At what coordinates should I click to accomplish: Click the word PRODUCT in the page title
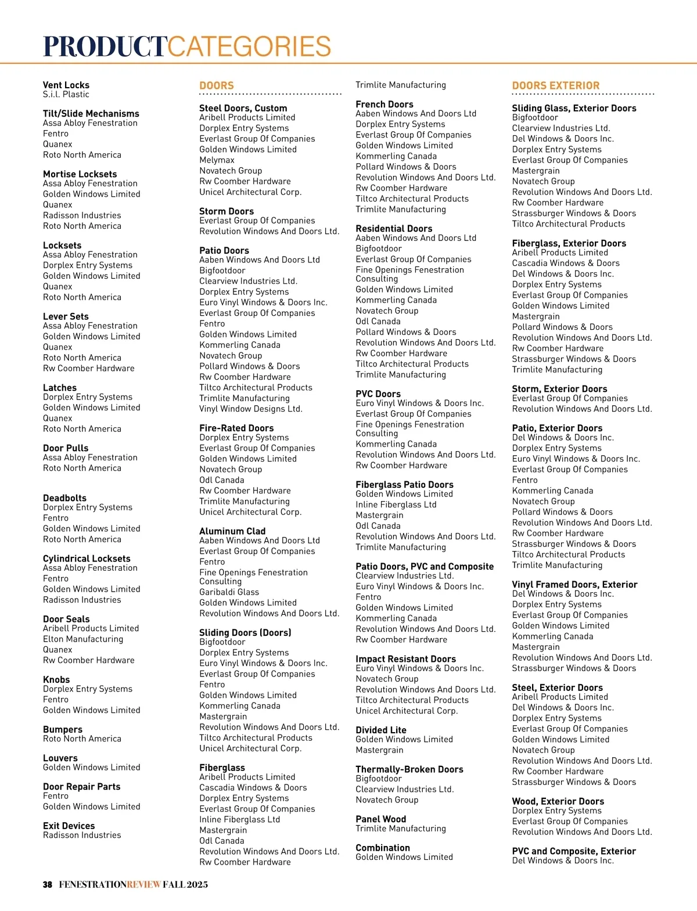coord(105,46)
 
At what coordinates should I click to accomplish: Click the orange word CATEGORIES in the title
coord(249,46)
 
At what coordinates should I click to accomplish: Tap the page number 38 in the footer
coord(48,885)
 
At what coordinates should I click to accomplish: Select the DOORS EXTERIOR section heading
coord(555,85)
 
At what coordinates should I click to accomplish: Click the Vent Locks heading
coord(66,85)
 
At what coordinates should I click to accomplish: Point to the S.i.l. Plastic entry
coord(66,95)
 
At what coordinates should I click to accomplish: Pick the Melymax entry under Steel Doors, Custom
coord(217,160)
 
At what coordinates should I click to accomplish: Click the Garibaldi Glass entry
coord(229,592)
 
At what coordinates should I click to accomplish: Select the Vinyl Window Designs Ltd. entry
coord(250,409)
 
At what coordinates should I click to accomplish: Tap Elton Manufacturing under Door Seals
coord(83,639)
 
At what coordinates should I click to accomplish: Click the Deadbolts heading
coord(64,498)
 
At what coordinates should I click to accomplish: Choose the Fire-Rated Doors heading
coord(236,428)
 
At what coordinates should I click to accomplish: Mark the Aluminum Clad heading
coord(232,531)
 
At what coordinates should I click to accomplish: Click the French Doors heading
coord(385,105)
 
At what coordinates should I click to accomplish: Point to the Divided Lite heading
coord(381,730)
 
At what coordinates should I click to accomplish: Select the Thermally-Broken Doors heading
coord(409,769)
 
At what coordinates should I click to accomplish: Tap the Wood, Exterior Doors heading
coord(558,801)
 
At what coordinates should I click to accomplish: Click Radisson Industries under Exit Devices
coord(82,836)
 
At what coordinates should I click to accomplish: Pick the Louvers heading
coord(60,758)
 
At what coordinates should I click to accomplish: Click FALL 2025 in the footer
coord(185,885)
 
